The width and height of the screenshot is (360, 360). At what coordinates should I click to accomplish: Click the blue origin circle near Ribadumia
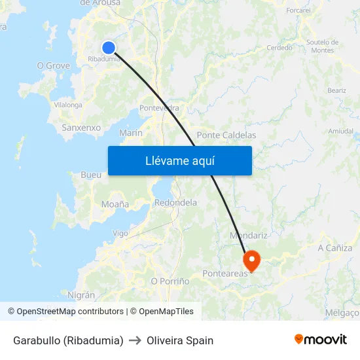coord(109,47)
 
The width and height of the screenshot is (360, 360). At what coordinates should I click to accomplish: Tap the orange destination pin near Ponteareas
coord(251,260)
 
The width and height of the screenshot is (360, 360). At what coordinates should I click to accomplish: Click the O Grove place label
coord(53,65)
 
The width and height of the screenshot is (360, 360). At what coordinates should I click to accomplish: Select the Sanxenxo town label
coord(81,128)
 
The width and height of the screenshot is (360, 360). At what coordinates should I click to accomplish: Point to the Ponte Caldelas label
coord(226,135)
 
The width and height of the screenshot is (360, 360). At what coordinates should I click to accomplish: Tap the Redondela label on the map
coord(175,203)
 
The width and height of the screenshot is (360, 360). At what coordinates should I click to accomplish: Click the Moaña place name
coord(115,204)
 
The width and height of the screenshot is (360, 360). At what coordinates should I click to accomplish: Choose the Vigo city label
coord(120,233)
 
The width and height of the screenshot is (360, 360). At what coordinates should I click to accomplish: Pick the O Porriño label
coord(170,281)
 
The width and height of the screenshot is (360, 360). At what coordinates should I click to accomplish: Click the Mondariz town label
coord(249,235)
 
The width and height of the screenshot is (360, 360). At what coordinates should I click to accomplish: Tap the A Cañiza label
coord(334,248)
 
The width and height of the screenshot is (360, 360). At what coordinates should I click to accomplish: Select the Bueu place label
coord(90,175)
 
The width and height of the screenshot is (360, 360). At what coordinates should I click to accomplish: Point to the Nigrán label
coord(81,295)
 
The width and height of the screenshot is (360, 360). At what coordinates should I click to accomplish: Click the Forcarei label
coord(298,10)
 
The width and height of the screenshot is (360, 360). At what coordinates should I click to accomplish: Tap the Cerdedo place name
coord(279,48)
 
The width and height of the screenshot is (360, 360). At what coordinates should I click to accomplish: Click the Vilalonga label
coord(68,104)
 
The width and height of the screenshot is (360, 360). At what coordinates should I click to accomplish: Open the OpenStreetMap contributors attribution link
coord(70,312)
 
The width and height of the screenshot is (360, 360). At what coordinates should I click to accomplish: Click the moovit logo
coord(321,340)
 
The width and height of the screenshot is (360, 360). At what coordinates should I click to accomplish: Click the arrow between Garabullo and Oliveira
coord(135,340)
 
